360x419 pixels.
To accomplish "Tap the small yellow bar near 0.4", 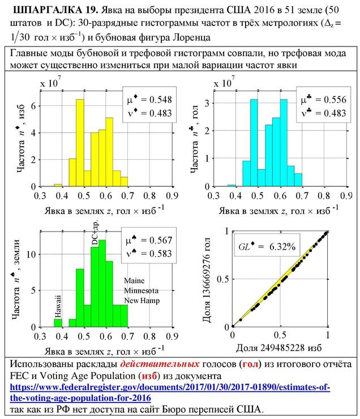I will [x=58, y=185].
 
